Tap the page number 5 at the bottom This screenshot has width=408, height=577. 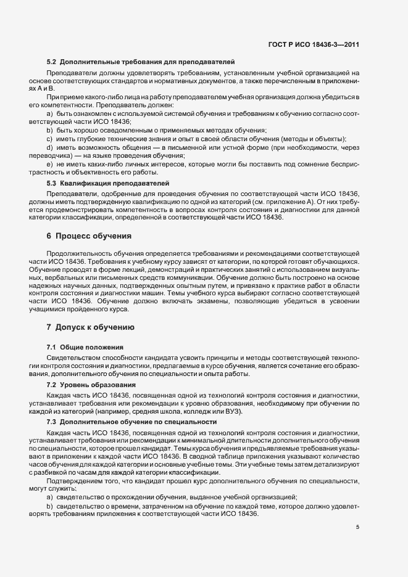[358, 527]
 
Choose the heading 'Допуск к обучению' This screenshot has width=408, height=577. [96, 326]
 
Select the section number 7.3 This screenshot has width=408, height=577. [51, 422]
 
